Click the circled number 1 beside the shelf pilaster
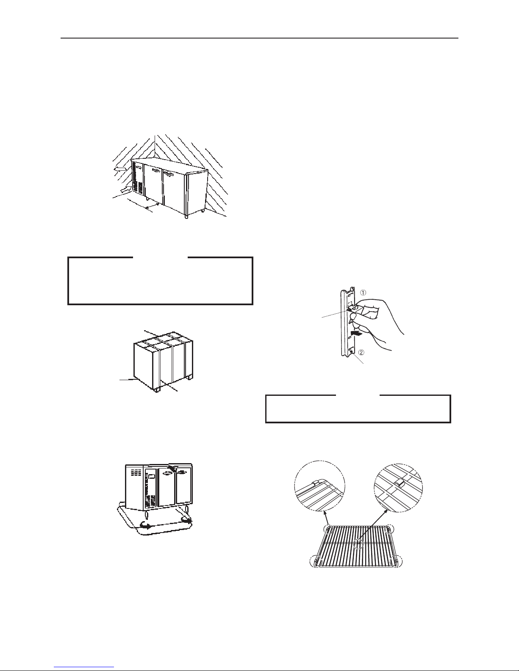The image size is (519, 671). [364, 293]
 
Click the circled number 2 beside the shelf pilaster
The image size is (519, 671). [361, 352]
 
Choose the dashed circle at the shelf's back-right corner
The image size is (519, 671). [389, 530]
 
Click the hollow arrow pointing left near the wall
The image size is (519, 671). [120, 169]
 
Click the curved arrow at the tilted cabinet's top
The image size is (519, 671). [170, 467]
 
